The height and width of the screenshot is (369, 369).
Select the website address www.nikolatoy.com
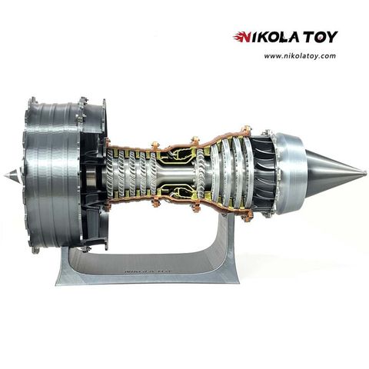301,55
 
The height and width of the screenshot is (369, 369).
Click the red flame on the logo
240,37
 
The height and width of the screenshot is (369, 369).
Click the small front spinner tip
7,175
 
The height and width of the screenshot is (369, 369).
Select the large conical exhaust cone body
327,174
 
